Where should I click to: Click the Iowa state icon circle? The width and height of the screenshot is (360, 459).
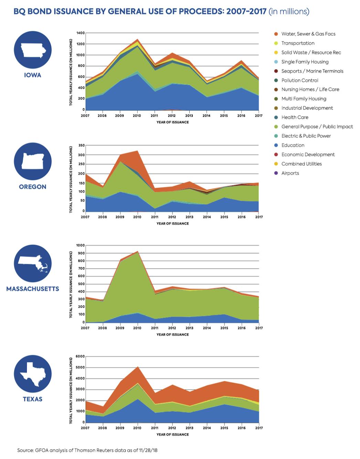pyautogui.click(x=33, y=50)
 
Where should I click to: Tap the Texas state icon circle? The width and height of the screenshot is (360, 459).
pyautogui.click(x=33, y=374)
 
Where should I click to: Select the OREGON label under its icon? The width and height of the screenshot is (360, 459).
pyautogui.click(x=33, y=187)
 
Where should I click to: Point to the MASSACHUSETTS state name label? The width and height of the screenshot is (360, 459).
pyautogui.click(x=33, y=289)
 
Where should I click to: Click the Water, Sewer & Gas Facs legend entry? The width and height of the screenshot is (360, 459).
pyautogui.click(x=308, y=34)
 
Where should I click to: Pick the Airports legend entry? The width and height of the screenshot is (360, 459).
pyautogui.click(x=290, y=173)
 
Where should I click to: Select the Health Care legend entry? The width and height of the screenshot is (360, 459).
pyautogui.click(x=295, y=117)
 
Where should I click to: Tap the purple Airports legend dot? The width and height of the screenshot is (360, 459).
pyautogui.click(x=276, y=173)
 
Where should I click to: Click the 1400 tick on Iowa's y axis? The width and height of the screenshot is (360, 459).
pyautogui.click(x=81, y=33)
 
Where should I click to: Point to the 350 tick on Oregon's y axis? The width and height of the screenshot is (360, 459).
pyautogui.click(x=82, y=146)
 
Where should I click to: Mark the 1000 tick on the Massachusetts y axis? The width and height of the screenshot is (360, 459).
pyautogui.click(x=81, y=246)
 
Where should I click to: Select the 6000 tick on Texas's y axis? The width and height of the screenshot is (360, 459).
pyautogui.click(x=81, y=356)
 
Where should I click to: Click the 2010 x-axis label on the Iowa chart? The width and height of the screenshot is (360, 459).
pyautogui.click(x=137, y=116)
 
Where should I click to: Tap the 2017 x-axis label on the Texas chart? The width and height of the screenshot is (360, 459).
pyautogui.click(x=259, y=428)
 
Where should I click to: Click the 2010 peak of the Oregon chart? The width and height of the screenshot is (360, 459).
pyautogui.click(x=137, y=151)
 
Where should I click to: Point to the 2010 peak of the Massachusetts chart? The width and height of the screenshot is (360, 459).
pyautogui.click(x=137, y=251)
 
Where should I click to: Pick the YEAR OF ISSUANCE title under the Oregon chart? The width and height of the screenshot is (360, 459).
pyautogui.click(x=172, y=224)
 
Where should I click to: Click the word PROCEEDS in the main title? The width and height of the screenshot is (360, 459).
pyautogui.click(x=203, y=11)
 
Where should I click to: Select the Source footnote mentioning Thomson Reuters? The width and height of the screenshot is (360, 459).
pyautogui.click(x=87, y=450)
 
